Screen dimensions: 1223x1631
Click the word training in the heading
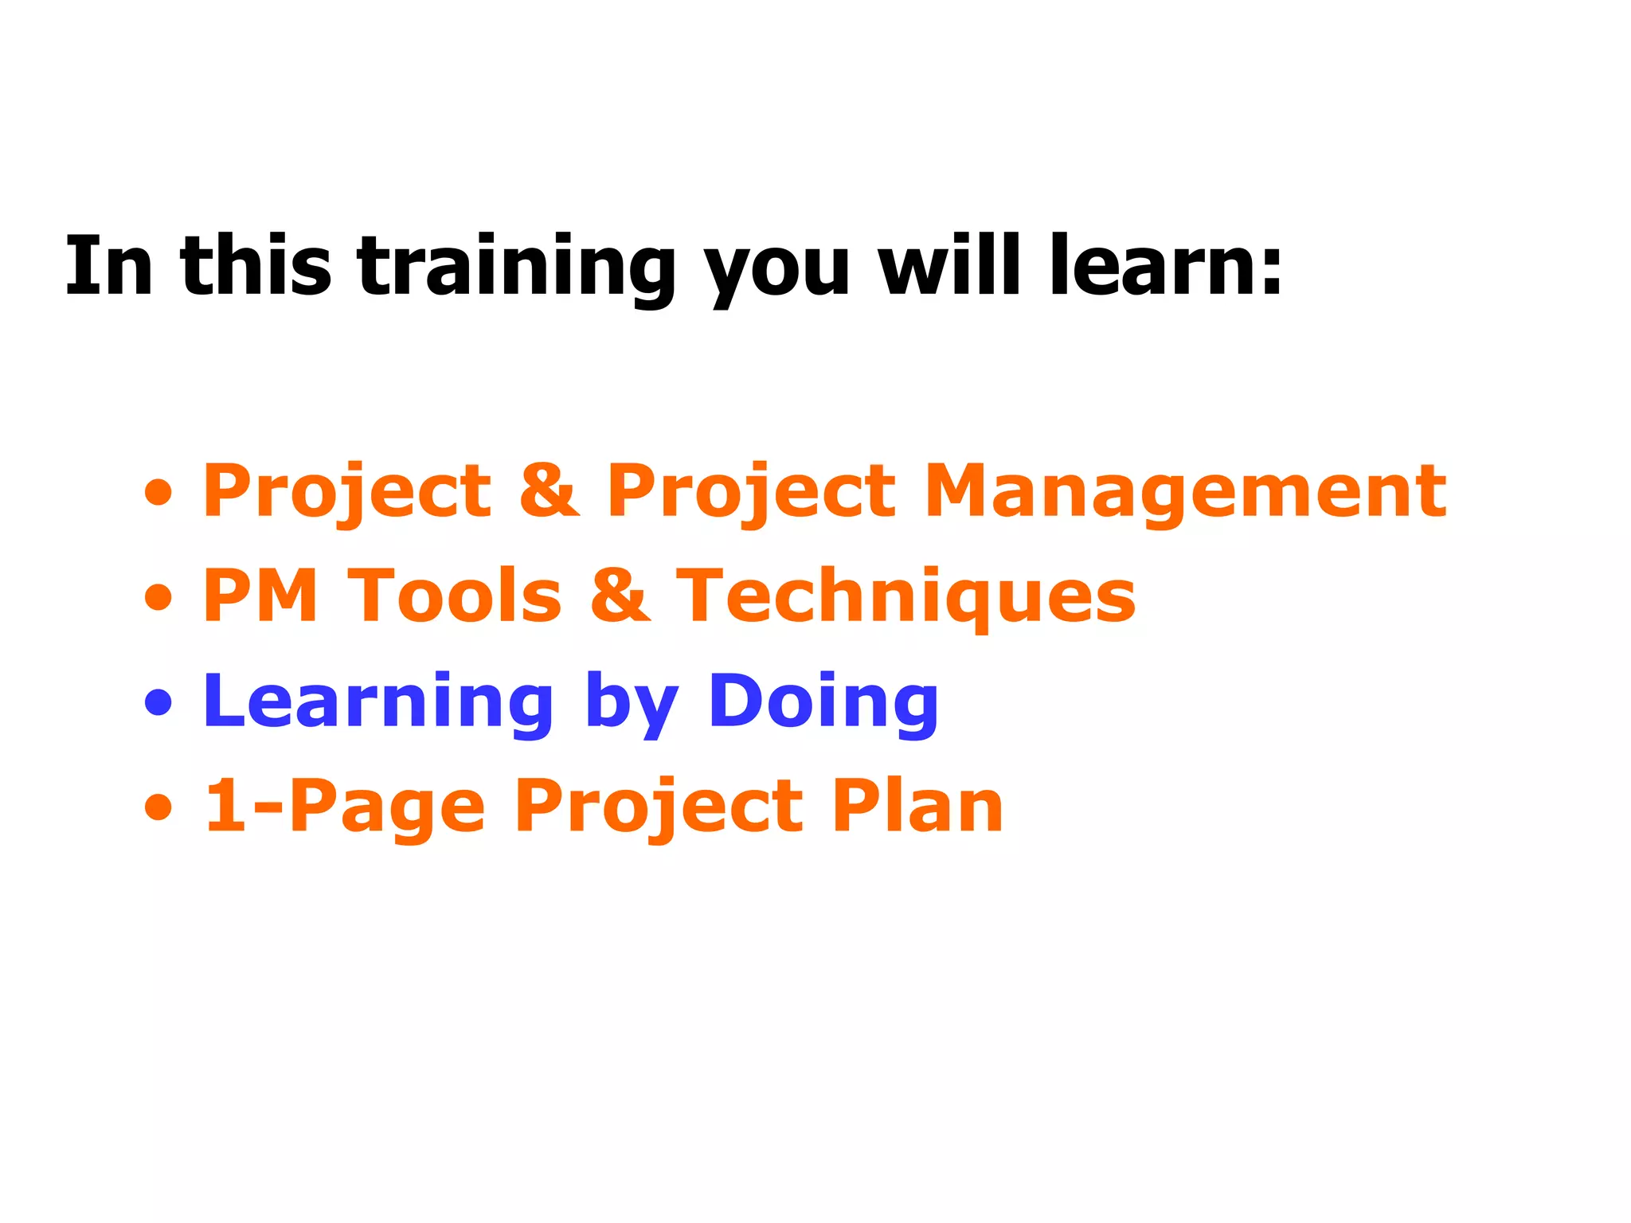[516, 267]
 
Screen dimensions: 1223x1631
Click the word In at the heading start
[108, 267]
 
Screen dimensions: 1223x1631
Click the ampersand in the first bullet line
[550, 491]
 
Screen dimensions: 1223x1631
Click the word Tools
[455, 596]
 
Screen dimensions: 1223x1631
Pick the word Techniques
[905, 597]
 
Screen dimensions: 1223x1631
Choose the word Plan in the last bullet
[917, 806]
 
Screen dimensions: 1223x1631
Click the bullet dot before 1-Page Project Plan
[158, 807]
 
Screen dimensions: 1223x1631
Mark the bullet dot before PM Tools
[158, 597]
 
